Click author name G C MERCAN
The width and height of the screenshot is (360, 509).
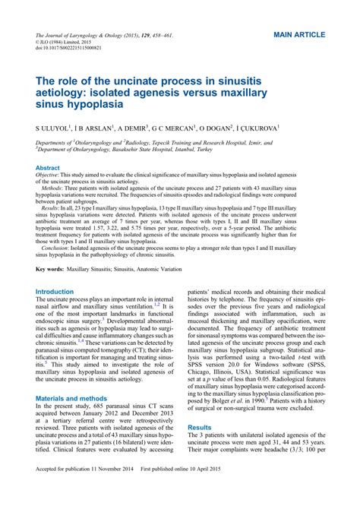(161, 128)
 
